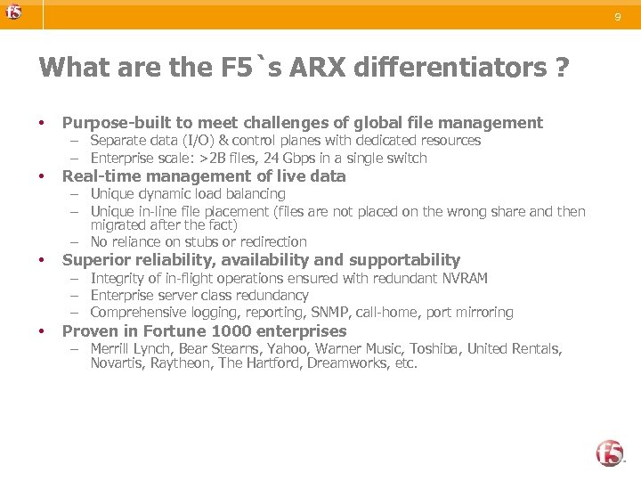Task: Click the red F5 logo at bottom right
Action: (610, 453)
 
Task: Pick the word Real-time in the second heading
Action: (96, 176)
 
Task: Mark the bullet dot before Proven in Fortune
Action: (42, 331)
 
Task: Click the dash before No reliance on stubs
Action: (77, 241)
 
